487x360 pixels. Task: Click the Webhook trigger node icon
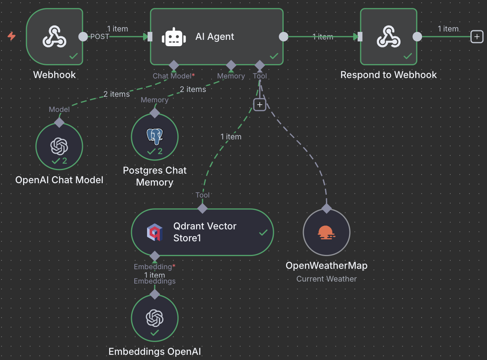coord(54,36)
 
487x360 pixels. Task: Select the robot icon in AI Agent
coord(174,37)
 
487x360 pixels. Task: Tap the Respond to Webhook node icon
coord(388,36)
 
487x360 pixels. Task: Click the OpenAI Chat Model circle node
coord(59,146)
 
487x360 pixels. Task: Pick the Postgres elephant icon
coord(155,136)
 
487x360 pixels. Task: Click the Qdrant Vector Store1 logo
coord(155,232)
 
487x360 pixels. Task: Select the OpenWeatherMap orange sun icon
coord(326,232)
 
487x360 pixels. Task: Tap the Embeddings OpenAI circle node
coord(155,318)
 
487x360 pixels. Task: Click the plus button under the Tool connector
coord(259,105)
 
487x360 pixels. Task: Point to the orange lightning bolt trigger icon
coord(12,36)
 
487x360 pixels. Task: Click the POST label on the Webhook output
coord(100,37)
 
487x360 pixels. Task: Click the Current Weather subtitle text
coord(326,279)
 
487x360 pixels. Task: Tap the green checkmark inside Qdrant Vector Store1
coord(263,233)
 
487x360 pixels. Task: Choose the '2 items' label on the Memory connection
coord(193,90)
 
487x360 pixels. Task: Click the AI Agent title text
coord(215,37)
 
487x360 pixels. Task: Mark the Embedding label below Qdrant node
coord(153,266)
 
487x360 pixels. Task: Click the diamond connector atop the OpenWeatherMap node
coord(326,208)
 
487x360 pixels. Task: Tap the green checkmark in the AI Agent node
coord(274,57)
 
